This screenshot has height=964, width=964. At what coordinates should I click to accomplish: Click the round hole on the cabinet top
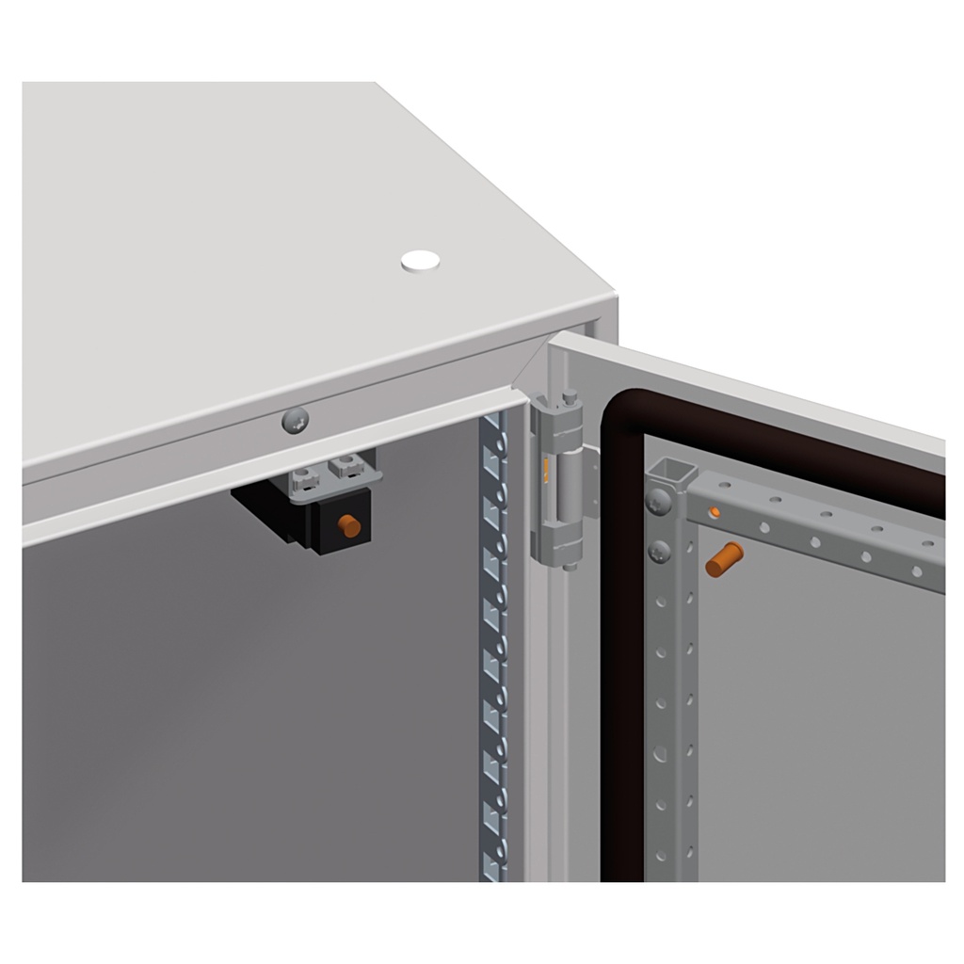coord(420,261)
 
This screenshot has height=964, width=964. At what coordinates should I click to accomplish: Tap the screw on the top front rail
coord(296,421)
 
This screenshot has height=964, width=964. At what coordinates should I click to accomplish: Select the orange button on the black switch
coord(349,525)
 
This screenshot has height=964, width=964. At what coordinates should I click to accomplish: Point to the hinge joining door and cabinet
coord(558,480)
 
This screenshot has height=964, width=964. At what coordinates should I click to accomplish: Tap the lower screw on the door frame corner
coord(660,551)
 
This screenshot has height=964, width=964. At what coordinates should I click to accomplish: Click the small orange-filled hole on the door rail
coord(715,512)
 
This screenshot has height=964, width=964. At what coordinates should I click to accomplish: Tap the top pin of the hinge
coord(569,397)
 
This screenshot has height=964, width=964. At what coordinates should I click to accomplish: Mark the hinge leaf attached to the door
coord(590,485)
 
